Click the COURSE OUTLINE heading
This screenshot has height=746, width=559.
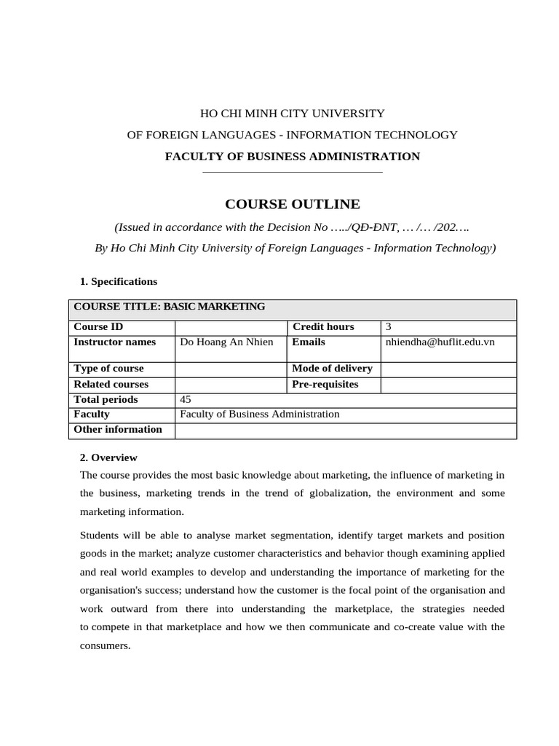[292, 204]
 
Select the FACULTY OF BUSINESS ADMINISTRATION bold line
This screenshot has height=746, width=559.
[292, 156]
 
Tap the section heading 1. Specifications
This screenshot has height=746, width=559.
[118, 281]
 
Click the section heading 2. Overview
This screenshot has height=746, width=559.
[108, 458]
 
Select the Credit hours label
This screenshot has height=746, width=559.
[322, 327]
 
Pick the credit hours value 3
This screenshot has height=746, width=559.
[389, 327]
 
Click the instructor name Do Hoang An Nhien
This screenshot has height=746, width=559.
[226, 342]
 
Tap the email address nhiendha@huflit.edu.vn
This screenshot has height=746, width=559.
[439, 342]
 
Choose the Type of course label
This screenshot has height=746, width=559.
[108, 369]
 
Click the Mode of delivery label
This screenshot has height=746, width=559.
[332, 369]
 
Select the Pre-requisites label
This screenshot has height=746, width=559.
[325, 384]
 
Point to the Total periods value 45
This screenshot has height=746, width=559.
[186, 399]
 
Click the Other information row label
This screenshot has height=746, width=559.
[118, 429]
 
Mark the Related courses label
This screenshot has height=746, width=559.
[111, 384]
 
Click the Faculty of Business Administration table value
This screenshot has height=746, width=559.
[259, 414]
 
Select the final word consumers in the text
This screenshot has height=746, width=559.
[105, 645]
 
